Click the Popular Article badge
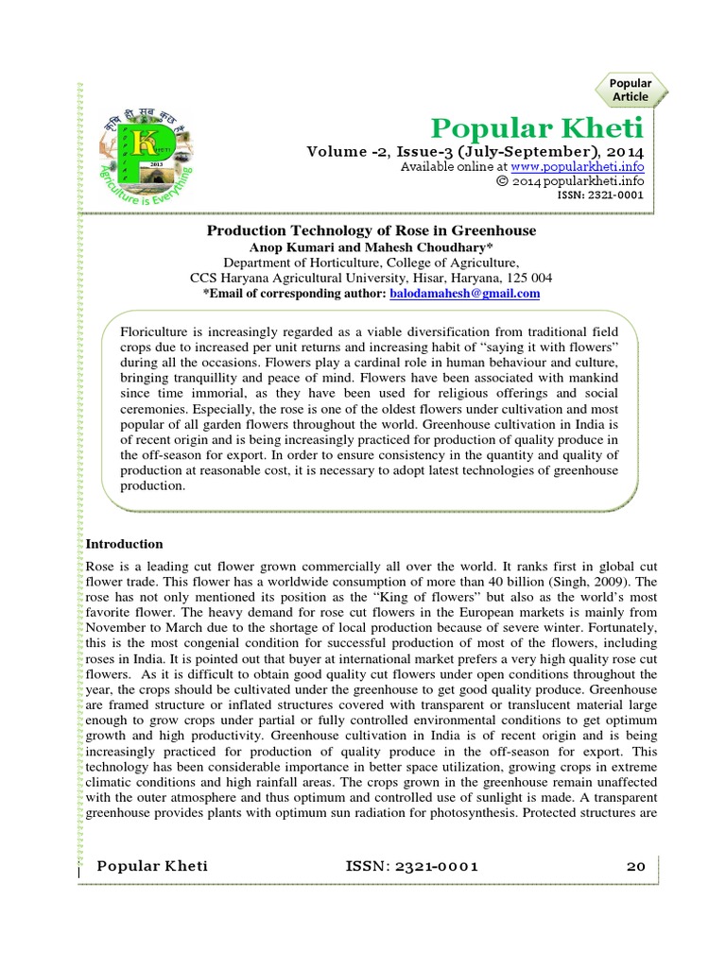tap(631, 90)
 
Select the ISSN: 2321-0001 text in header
tap(605, 196)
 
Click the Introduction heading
tap(125, 544)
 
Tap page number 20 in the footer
tap(635, 866)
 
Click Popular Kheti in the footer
tap(152, 866)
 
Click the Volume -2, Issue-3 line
tap(475, 151)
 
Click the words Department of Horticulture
tap(294, 263)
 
